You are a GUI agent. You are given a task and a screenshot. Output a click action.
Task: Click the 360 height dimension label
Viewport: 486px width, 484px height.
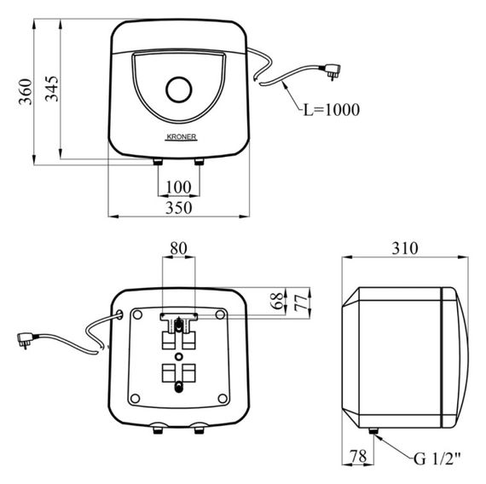pyautogui.click(x=26, y=92)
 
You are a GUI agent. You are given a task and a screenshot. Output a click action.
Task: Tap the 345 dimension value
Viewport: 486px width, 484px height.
pyautogui.click(x=52, y=89)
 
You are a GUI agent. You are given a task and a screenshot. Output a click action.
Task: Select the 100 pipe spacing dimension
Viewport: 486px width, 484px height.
pyautogui.click(x=178, y=187)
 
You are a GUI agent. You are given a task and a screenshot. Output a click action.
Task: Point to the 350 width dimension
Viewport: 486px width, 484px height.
pyautogui.click(x=179, y=208)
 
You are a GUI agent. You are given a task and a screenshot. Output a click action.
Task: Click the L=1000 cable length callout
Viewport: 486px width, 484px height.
pyautogui.click(x=332, y=110)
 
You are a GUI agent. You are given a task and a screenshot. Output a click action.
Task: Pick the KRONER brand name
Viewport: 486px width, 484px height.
pyautogui.click(x=181, y=136)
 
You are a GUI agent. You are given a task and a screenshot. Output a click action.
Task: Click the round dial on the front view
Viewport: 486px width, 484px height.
pyautogui.click(x=179, y=89)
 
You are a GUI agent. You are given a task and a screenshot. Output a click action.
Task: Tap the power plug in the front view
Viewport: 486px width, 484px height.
pyautogui.click(x=332, y=71)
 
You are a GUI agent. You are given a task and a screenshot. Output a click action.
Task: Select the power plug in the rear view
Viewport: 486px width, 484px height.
pyautogui.click(x=26, y=339)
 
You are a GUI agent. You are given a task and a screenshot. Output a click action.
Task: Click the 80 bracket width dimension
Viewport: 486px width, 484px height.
pyautogui.click(x=178, y=248)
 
